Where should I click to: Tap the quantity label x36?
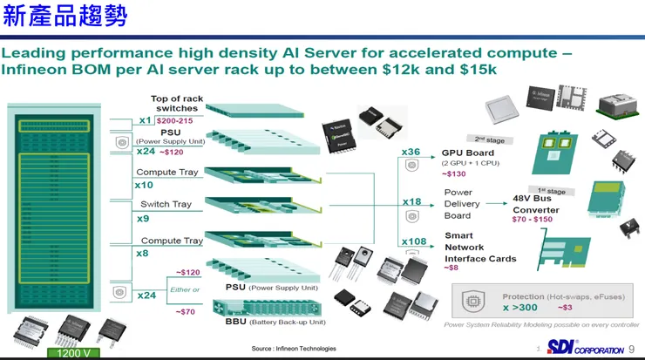pos(411,152)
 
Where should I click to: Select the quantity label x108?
pos(415,241)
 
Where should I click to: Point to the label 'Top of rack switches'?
pos(177,104)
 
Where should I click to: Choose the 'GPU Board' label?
pos(468,153)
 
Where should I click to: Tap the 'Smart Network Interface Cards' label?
pos(480,247)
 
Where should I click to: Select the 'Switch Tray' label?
pos(166,204)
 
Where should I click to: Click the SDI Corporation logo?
pos(584,346)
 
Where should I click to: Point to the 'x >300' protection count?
pos(521,308)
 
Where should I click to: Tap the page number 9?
pos(632,349)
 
